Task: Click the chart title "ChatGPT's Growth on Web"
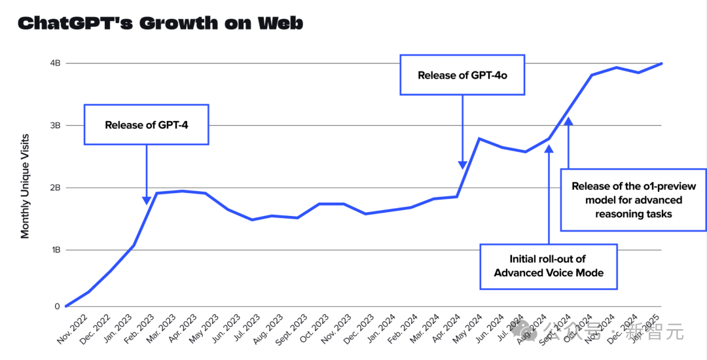(160, 24)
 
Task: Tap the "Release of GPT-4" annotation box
(147, 124)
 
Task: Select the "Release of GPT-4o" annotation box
(462, 75)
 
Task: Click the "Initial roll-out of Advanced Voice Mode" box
(549, 266)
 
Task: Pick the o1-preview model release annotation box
(633, 200)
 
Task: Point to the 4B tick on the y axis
(54, 63)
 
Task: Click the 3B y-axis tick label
(54, 126)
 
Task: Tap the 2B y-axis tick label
(54, 188)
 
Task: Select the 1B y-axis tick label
(54, 250)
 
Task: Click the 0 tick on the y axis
(58, 306)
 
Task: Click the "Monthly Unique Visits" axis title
(25, 186)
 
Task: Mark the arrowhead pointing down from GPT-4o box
(463, 164)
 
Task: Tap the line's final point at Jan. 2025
(662, 63)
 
